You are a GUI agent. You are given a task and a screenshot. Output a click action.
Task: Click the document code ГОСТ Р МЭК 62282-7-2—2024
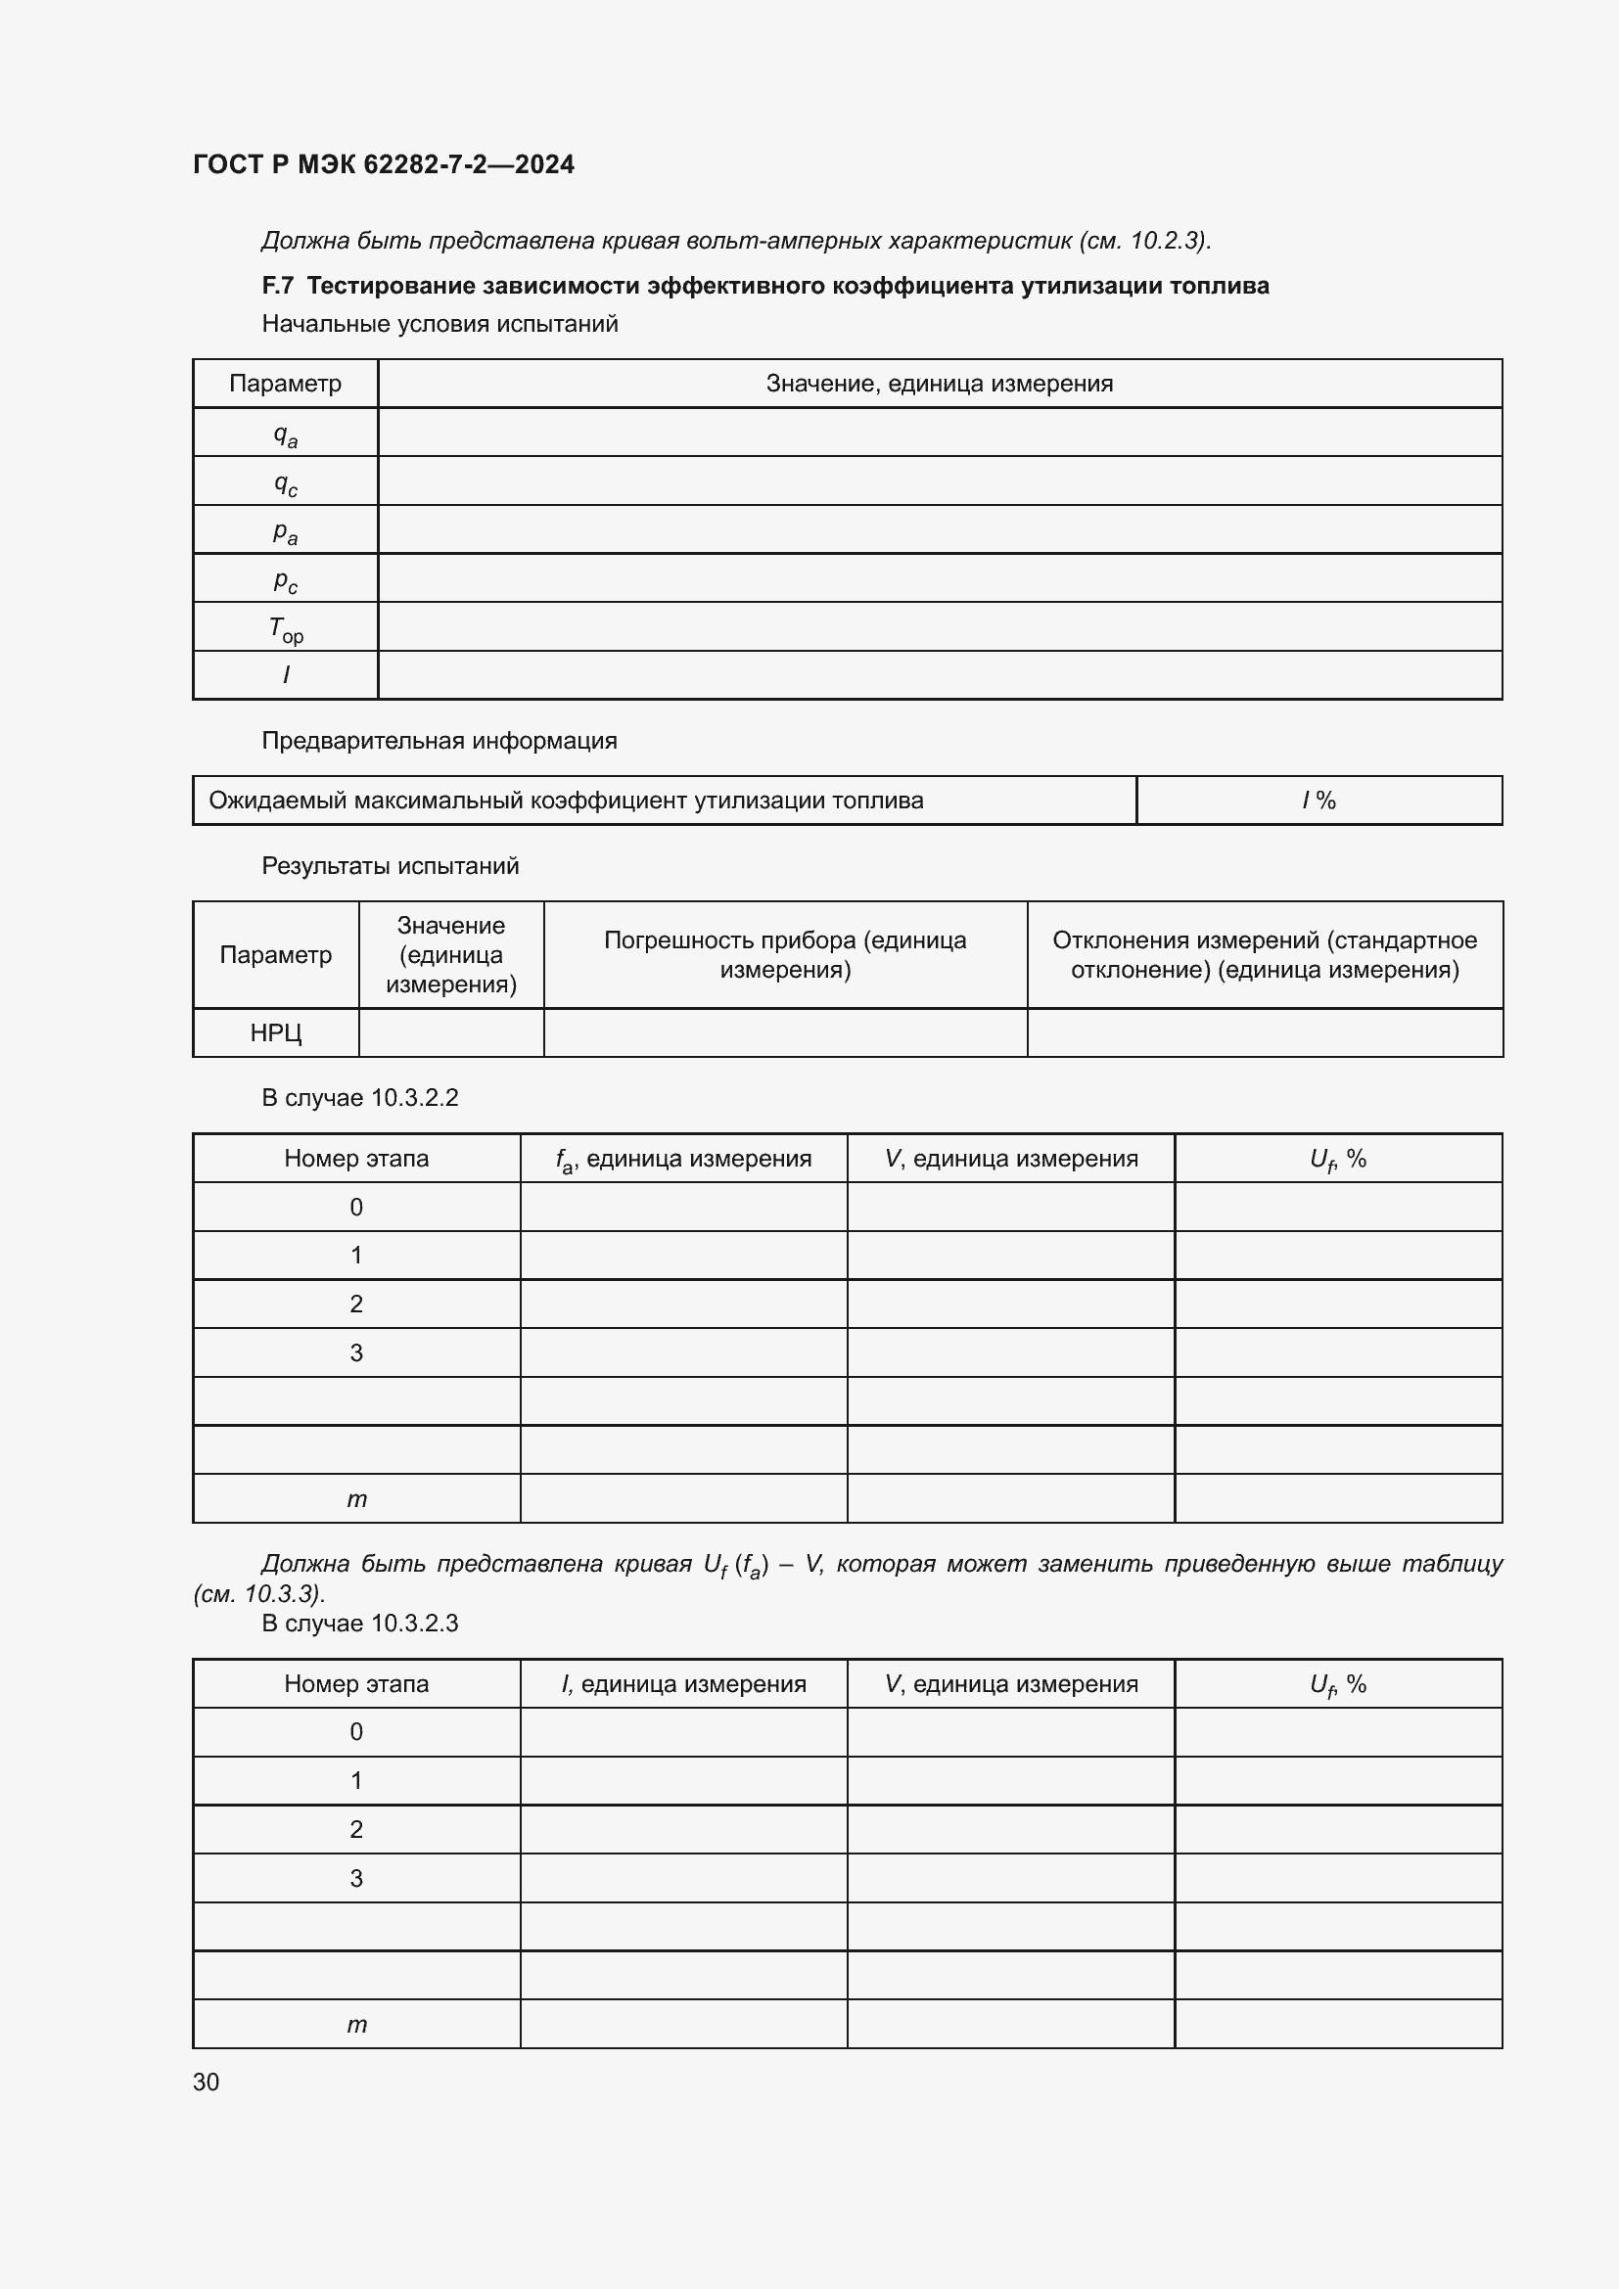[383, 164]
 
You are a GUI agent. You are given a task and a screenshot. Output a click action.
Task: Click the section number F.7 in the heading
[277, 286]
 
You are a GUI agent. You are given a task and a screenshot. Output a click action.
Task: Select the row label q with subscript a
[285, 434]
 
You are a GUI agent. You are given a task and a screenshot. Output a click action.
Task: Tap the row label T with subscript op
[285, 628]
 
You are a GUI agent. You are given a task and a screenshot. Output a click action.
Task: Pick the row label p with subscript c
[285, 579]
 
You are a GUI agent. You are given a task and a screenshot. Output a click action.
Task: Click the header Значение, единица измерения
[939, 384]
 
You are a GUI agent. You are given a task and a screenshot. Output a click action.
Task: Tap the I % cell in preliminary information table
[1318, 801]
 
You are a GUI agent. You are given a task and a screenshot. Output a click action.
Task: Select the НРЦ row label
[275, 1032]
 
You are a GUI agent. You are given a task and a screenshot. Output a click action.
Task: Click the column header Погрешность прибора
[785, 955]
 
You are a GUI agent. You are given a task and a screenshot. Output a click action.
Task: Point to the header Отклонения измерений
[1264, 955]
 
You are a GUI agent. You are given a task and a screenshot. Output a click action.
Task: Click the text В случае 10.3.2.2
[360, 1098]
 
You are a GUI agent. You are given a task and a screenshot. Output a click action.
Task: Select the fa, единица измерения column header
[683, 1159]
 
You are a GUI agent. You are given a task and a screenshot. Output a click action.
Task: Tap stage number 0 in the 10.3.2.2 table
[356, 1208]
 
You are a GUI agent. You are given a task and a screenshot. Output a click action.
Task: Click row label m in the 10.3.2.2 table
[356, 1499]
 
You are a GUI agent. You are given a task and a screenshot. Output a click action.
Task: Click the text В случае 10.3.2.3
[360, 1623]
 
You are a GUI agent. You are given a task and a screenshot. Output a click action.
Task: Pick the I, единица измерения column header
[683, 1684]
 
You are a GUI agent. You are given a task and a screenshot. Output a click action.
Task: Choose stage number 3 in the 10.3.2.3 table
[356, 1878]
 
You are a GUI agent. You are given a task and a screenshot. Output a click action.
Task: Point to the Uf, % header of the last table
[1337, 1684]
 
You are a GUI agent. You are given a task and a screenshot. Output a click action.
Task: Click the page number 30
[207, 2082]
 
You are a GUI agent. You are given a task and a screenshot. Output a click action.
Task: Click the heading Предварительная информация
[439, 741]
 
